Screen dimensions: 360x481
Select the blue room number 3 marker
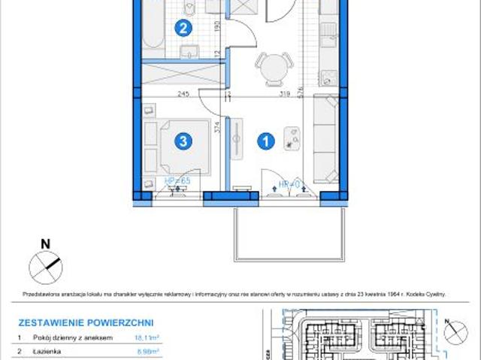pyautogui.click(x=181, y=141)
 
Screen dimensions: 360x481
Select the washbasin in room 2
pyautogui.click(x=189, y=52)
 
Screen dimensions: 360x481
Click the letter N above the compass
pyautogui.click(x=45, y=244)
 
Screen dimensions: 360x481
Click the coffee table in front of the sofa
pyautogui.click(x=292, y=136)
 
